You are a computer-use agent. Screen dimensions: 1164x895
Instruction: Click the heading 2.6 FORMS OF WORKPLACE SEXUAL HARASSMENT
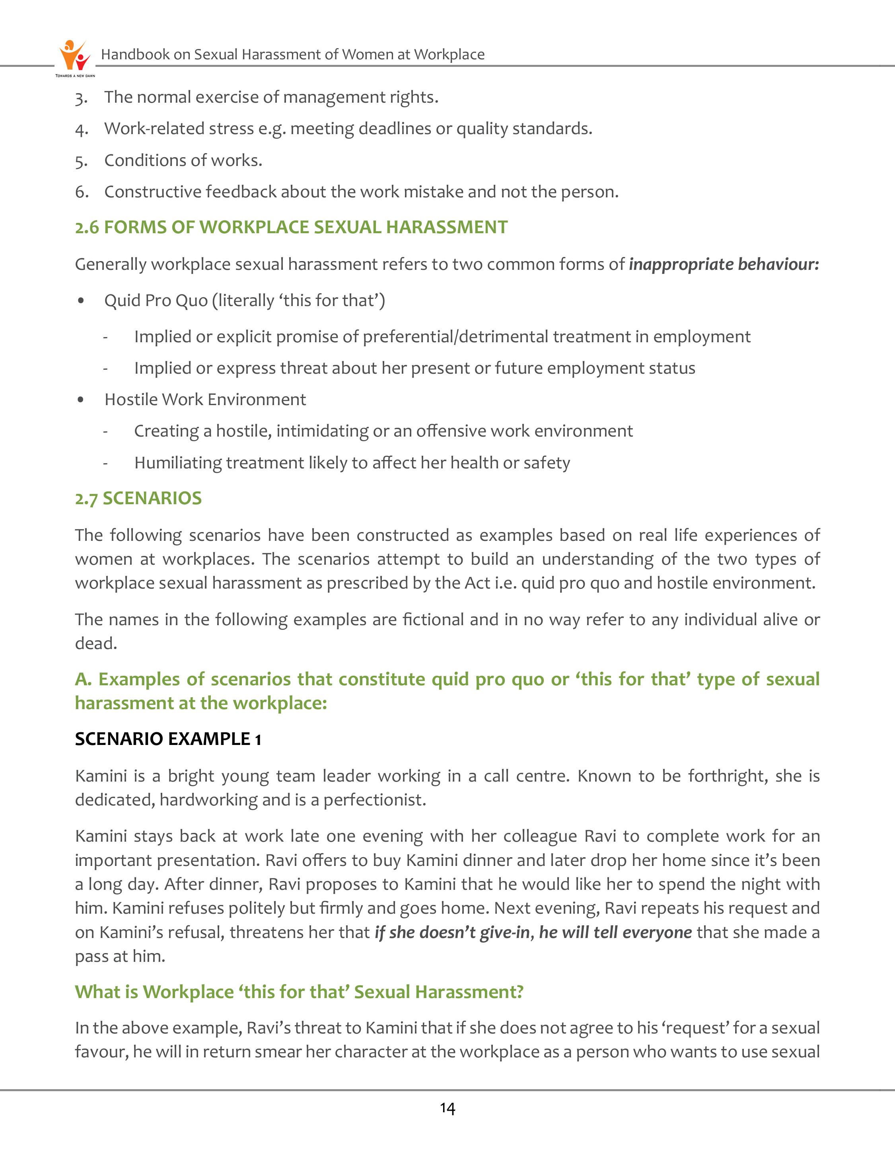pos(291,227)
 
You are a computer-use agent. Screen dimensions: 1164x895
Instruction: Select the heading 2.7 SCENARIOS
pos(138,498)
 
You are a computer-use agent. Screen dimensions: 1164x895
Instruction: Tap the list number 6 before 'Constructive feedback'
pos(81,192)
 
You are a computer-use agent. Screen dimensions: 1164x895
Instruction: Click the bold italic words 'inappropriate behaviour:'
pos(724,264)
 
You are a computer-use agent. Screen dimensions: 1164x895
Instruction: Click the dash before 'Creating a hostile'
pos(105,431)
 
